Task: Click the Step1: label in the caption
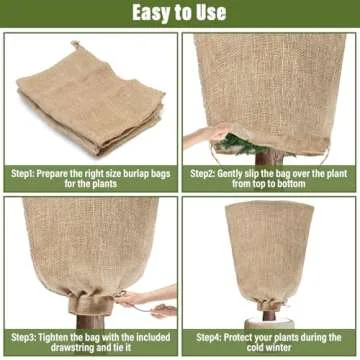pyautogui.click(x=33, y=173)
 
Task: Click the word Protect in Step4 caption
pyautogui.click(x=254, y=337)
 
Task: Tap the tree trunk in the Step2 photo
pyautogui.click(x=269, y=157)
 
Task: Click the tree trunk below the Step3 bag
pyautogui.click(x=91, y=321)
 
